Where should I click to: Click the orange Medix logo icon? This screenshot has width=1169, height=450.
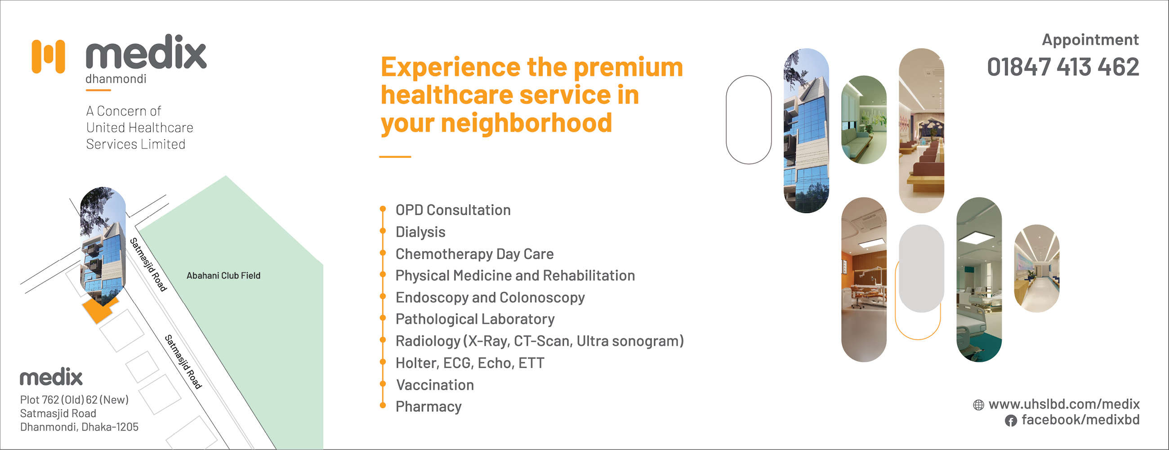click(48, 56)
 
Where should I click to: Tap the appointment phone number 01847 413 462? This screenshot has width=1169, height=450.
click(1063, 67)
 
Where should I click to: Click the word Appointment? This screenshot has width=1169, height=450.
click(1090, 40)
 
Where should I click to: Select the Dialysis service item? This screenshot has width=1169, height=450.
click(420, 232)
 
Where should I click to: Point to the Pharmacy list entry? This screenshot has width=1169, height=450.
click(428, 406)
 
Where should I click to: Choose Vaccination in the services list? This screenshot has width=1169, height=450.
click(435, 385)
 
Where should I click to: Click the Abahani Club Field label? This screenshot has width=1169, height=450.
click(223, 275)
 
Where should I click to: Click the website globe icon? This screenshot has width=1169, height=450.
click(978, 405)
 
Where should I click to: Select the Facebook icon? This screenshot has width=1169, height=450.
click(1011, 420)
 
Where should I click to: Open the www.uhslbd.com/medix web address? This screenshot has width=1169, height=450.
click(1064, 404)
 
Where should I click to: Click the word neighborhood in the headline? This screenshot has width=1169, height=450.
click(526, 123)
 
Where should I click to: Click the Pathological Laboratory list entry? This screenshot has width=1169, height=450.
click(475, 319)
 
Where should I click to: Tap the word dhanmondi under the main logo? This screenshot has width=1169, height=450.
click(116, 79)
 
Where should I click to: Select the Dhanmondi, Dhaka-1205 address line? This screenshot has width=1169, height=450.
click(79, 427)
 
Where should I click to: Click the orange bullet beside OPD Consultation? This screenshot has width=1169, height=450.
click(383, 209)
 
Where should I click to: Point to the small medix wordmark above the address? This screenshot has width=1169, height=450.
click(51, 377)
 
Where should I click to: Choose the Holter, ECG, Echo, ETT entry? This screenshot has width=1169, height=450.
click(470, 363)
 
